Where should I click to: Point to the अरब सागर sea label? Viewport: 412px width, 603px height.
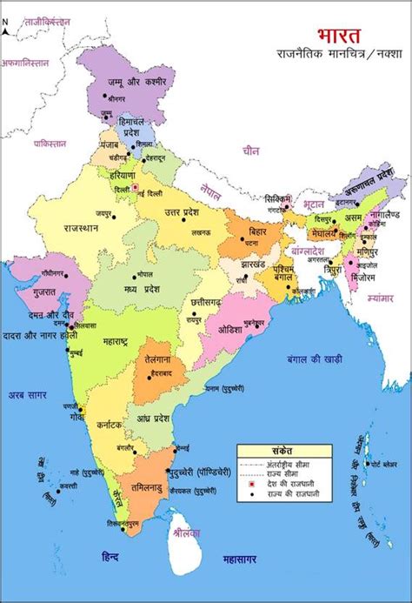[29, 395]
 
